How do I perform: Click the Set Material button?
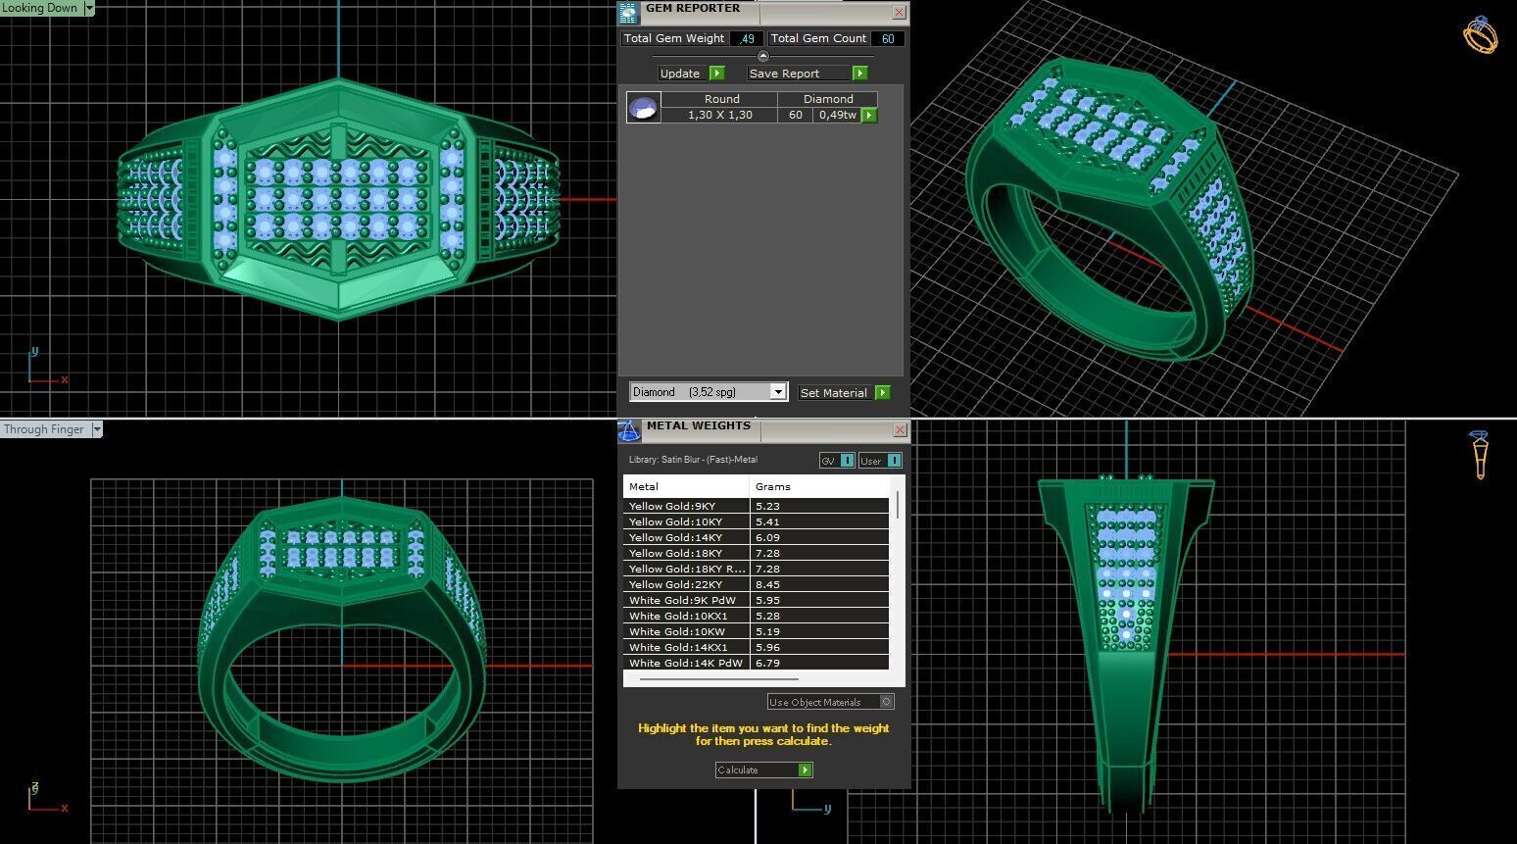coord(844,393)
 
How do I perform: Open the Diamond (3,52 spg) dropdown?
coord(778,392)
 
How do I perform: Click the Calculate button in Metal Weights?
coord(763,770)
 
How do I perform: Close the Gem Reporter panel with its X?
coord(899,13)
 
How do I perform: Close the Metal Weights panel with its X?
coord(900,430)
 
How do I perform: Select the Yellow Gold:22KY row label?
coord(675,584)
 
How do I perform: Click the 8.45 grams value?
coord(768,584)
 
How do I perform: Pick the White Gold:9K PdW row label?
coord(682,600)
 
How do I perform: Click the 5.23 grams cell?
coord(768,506)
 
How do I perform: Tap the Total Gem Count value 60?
coord(887,39)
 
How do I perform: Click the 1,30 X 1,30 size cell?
coord(719,115)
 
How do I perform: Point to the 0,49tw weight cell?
coord(838,115)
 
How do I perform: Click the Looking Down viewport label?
coord(40,8)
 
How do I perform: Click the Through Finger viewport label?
coord(44,429)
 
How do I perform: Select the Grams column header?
coord(773,486)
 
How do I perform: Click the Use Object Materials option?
coord(829,702)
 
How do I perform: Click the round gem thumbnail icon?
coord(644,108)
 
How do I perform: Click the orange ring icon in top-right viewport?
coord(1480,35)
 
